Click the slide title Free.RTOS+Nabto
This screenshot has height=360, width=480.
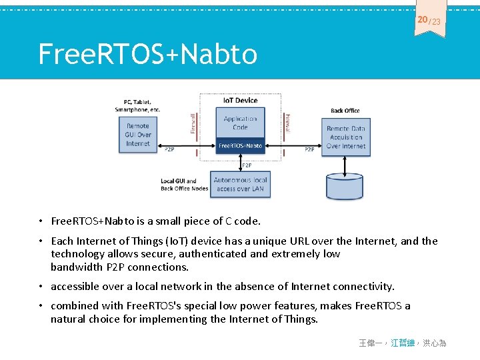147,54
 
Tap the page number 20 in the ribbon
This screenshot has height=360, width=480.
423,20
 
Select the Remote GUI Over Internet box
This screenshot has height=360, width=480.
138,135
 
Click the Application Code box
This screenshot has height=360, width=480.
240,123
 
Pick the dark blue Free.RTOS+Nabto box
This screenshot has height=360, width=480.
240,145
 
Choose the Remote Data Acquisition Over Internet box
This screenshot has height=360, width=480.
345,137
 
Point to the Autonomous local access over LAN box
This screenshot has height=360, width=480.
240,184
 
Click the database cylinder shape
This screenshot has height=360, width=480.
345,187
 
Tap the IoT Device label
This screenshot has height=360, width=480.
240,100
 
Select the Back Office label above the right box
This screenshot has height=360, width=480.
345,111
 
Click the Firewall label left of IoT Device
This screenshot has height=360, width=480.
193,123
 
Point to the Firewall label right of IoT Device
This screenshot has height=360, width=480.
287,123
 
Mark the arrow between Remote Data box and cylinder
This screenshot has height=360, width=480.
345,164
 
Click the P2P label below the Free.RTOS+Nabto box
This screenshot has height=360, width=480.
247,165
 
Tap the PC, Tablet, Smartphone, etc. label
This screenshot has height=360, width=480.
138,105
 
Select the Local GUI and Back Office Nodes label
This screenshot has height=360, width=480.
184,185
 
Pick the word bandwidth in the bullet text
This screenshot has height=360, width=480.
77,267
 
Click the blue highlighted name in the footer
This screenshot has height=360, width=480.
403,343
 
